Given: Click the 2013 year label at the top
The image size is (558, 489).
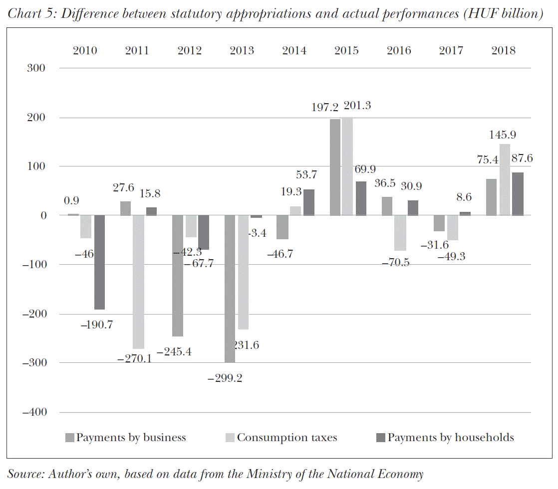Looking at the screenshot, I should click(242, 50).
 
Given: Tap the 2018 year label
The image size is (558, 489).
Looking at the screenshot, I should click(503, 50).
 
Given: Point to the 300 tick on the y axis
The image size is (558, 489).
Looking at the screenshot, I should click(35, 68).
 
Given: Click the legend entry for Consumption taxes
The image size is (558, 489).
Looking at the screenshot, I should click(287, 438).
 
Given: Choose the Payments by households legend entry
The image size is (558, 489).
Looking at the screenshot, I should click(450, 438).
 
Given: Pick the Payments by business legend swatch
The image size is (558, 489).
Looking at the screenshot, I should click(70, 438).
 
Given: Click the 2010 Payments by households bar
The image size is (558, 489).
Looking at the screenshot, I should click(99, 262).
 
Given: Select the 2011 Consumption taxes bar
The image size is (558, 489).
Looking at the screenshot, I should click(138, 282).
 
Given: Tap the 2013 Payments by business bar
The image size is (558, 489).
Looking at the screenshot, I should click(230, 289).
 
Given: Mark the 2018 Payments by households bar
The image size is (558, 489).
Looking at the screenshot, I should click(518, 194).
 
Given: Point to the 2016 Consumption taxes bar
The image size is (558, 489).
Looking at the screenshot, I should click(400, 233).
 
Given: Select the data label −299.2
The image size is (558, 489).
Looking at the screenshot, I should click(225, 378).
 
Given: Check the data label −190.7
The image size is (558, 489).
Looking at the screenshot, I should click(96, 325).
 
